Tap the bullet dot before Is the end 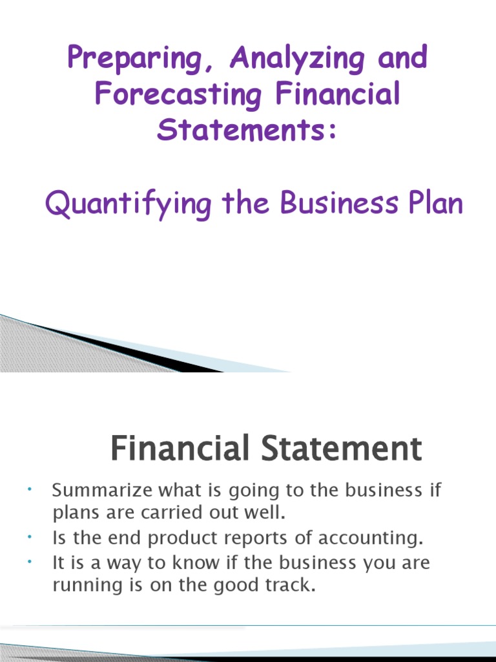click(x=30, y=537)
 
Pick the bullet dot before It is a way click(x=30, y=561)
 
